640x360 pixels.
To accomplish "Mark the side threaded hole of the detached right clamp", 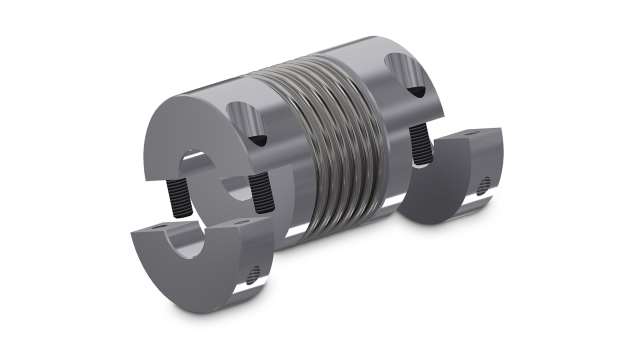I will (486, 186).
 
